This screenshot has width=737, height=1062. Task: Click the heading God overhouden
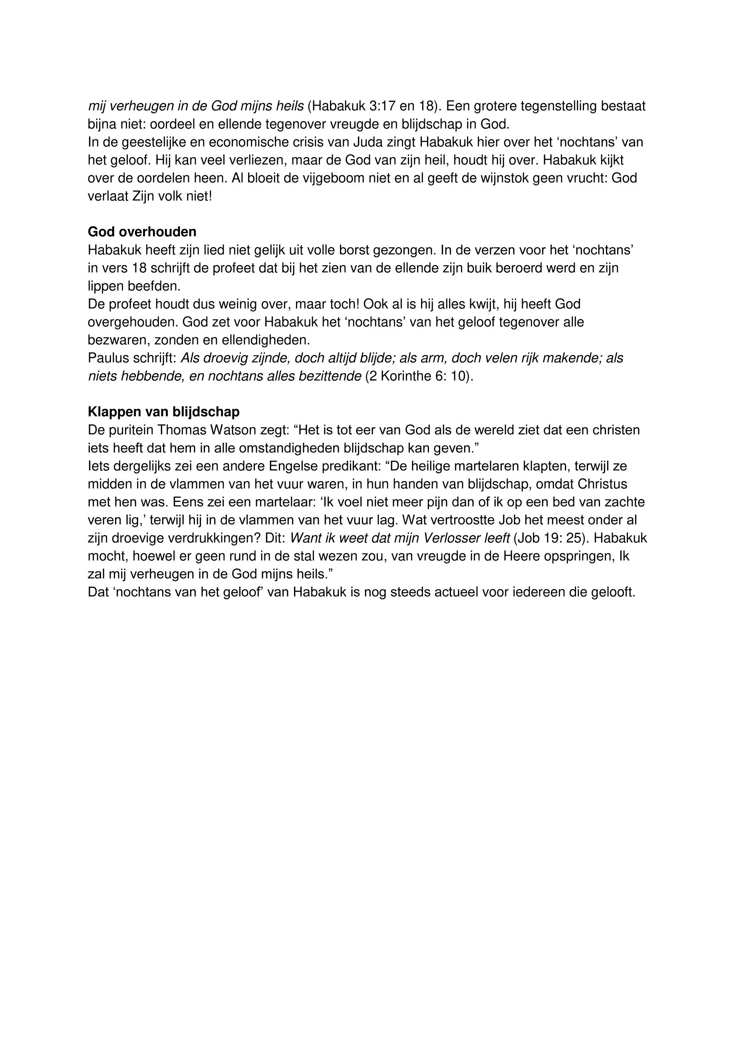[142, 232]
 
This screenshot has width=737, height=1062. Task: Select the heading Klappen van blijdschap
[163, 412]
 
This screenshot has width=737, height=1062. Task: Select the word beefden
[156, 286]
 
